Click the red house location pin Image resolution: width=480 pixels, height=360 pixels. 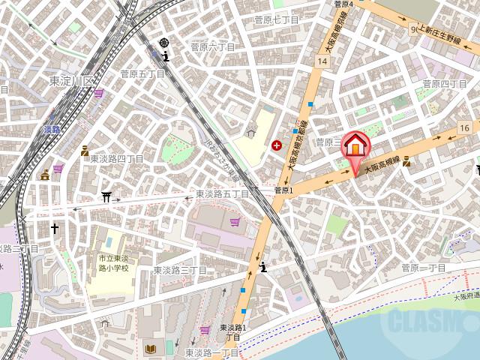click(355, 145)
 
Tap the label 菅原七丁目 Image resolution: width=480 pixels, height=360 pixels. click(276, 19)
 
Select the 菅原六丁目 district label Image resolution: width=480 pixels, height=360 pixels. click(212, 46)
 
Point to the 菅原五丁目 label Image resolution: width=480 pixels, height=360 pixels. click(142, 73)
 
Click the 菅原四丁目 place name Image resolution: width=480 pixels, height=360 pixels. click(444, 83)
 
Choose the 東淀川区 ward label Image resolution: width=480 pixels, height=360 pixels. click(73, 80)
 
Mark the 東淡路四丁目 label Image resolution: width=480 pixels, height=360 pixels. click(117, 158)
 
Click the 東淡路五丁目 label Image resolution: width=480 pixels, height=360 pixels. click(222, 193)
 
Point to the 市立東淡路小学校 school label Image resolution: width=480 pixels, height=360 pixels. click(112, 262)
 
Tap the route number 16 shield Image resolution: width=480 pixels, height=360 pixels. click(465, 128)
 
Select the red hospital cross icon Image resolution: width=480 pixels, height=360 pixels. click(277, 145)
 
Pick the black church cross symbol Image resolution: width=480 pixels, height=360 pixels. click(54, 226)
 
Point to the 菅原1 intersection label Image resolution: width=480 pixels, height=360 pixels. click(284, 190)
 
